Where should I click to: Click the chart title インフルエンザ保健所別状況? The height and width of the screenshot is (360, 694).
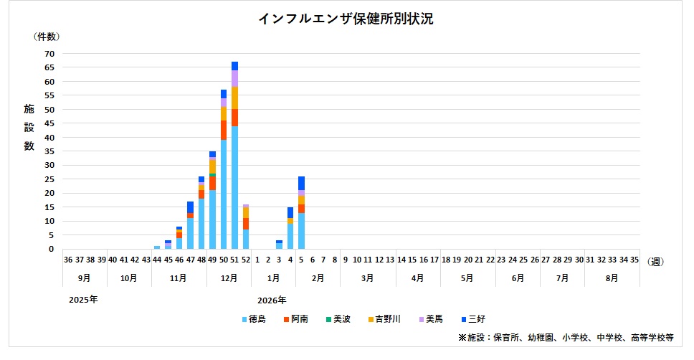(x=346, y=19)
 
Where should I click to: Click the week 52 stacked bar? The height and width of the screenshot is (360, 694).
(x=246, y=228)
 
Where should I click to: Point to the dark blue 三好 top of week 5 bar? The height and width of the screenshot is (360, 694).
(x=301, y=183)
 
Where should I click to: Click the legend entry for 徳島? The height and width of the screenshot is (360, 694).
(x=254, y=319)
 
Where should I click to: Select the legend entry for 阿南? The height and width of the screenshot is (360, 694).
(x=298, y=319)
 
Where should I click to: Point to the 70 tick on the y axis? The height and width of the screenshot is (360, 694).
(x=49, y=53)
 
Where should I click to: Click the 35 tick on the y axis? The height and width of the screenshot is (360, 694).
(x=49, y=151)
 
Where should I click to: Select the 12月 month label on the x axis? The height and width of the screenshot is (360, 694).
(x=229, y=277)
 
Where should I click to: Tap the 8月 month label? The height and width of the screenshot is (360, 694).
(x=612, y=277)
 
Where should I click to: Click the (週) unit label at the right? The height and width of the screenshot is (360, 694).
(x=656, y=262)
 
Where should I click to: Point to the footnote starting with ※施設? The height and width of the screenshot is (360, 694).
(x=566, y=337)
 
